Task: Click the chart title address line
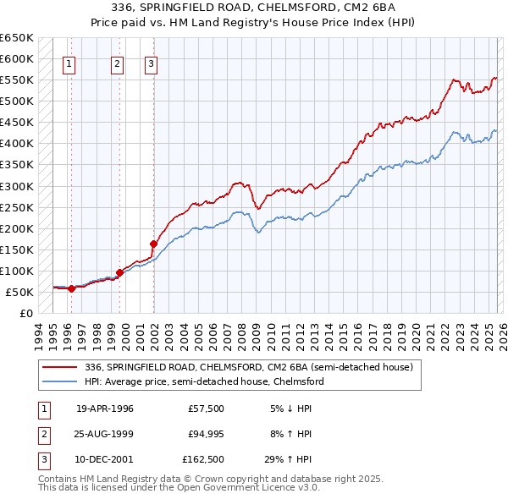click(x=254, y=8)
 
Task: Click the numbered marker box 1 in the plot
click(x=69, y=62)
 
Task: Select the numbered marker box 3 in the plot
click(x=151, y=62)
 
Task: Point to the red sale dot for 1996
click(x=72, y=288)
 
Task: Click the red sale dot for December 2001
click(x=153, y=244)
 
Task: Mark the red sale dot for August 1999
click(x=119, y=272)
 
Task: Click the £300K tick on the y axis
click(x=17, y=186)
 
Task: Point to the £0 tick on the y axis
click(x=27, y=313)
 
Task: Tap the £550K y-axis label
click(x=17, y=80)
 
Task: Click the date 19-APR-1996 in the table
click(x=105, y=409)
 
